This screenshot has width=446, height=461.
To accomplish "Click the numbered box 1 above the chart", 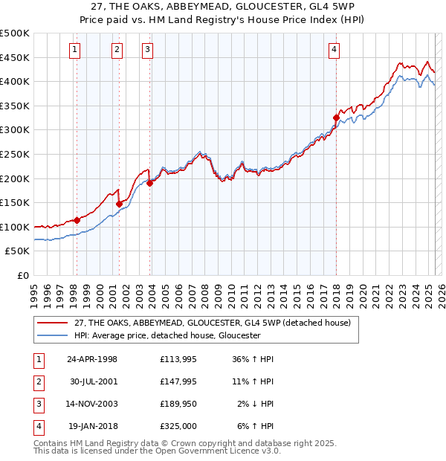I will pyautogui.click(x=75, y=50).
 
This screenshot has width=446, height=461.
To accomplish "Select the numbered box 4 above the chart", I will pyautogui.click(x=334, y=50).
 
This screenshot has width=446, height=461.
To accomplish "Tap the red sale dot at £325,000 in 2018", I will pyautogui.click(x=336, y=117).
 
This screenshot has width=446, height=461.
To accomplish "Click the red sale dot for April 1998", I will pyautogui.click(x=77, y=219).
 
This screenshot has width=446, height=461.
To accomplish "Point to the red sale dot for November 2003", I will pyautogui.click(x=149, y=183).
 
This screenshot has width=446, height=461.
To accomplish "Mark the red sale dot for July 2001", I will pyautogui.click(x=119, y=203).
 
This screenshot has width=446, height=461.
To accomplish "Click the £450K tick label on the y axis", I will pyautogui.click(x=14, y=57).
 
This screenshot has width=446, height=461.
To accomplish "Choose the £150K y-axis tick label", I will pyautogui.click(x=14, y=202).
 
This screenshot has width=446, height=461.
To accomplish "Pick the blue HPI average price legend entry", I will pyautogui.click(x=167, y=335).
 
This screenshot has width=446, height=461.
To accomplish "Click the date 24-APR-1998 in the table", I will pyautogui.click(x=92, y=359).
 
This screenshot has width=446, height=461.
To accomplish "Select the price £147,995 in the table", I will pyautogui.click(x=178, y=381).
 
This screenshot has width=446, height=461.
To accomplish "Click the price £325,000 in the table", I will pyautogui.click(x=178, y=426).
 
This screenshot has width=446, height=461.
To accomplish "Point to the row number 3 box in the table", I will pyautogui.click(x=37, y=404).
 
